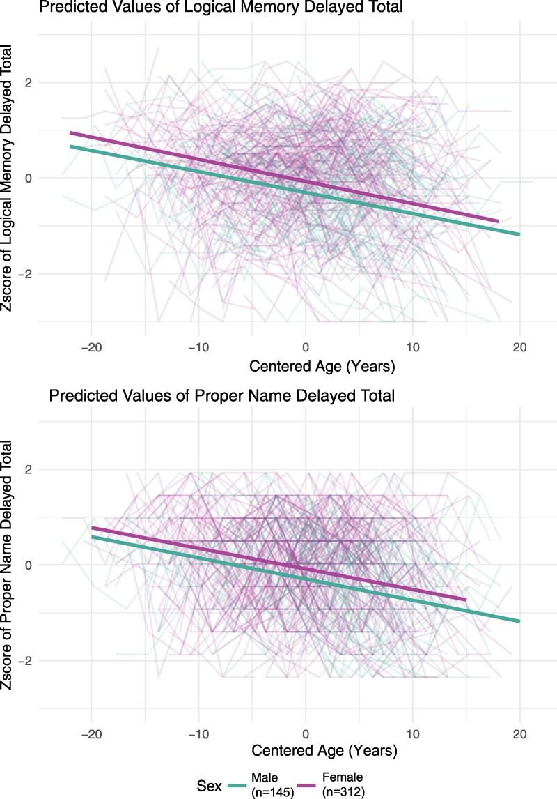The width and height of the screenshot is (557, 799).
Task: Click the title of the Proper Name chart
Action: click(221, 396)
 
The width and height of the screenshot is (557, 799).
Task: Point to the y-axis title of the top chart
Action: click(10, 180)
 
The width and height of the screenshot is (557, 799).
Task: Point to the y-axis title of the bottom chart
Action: click(10, 565)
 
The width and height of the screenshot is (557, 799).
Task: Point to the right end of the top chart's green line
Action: click(519, 234)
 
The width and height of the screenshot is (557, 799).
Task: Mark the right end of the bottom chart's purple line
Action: click(465, 599)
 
